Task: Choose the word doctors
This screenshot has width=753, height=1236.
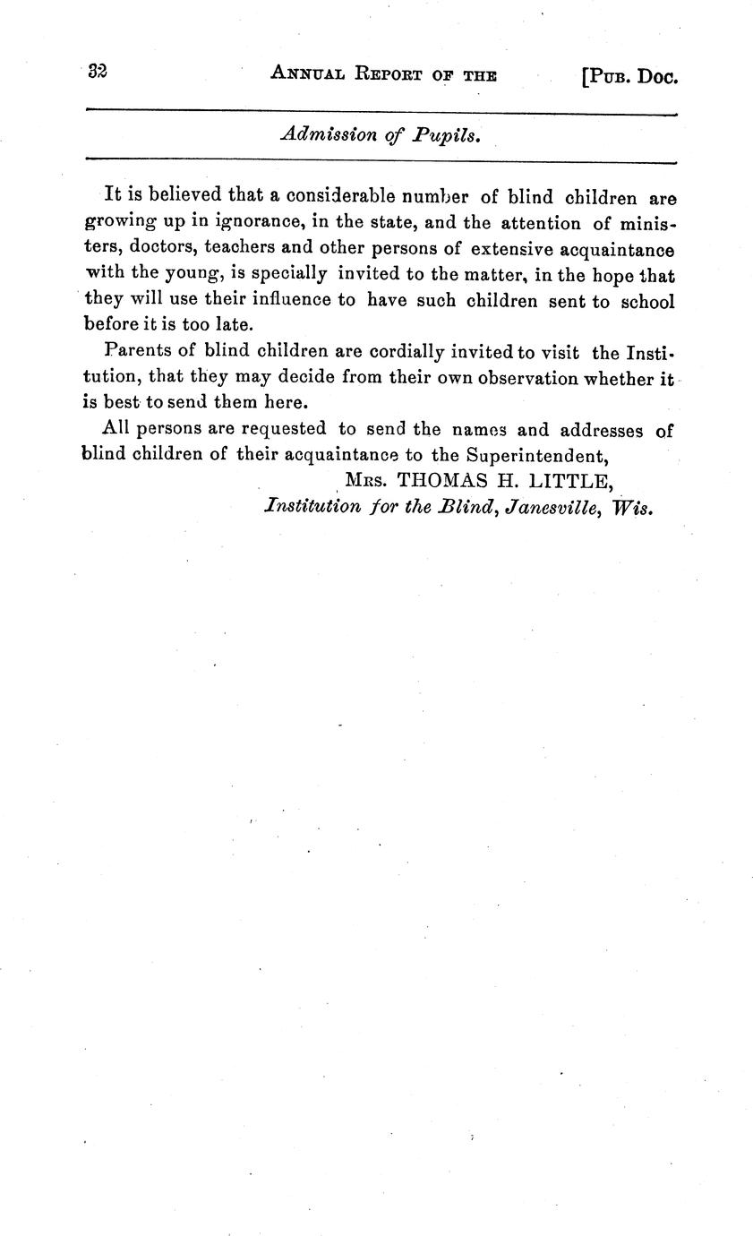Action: [x=141, y=248]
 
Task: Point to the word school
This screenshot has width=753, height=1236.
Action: [x=647, y=301]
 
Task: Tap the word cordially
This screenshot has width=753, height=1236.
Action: [x=409, y=351]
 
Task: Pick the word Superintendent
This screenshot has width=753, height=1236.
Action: [x=535, y=455]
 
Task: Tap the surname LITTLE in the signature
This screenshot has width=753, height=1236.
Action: [x=571, y=481]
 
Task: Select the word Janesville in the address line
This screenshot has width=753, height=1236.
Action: [x=548, y=507]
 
